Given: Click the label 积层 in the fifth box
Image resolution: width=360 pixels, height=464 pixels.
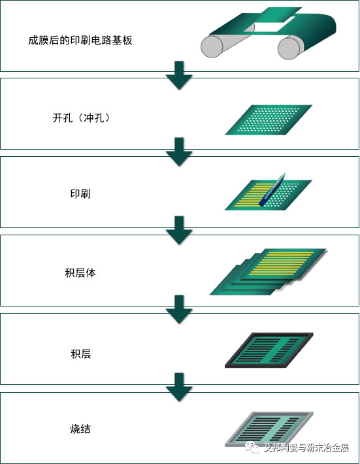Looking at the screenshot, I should (80, 354).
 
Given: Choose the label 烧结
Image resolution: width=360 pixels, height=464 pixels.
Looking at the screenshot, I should (80, 429).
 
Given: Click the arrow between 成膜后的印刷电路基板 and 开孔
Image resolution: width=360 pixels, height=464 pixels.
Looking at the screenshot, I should (179, 75).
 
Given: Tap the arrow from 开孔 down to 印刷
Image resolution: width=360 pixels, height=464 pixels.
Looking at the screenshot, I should (179, 152).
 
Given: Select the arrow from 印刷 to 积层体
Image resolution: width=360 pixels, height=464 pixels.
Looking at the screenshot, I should (179, 231).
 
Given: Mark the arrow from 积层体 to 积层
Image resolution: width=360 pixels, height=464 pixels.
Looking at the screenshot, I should (179, 309).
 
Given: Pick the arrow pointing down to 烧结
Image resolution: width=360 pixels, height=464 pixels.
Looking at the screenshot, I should (179, 388).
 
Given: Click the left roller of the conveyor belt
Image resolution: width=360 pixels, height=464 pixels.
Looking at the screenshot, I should (212, 47).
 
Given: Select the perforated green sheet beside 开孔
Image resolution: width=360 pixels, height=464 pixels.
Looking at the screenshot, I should (268, 120).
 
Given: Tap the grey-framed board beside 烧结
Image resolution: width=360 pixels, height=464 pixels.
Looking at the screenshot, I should (268, 429).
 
